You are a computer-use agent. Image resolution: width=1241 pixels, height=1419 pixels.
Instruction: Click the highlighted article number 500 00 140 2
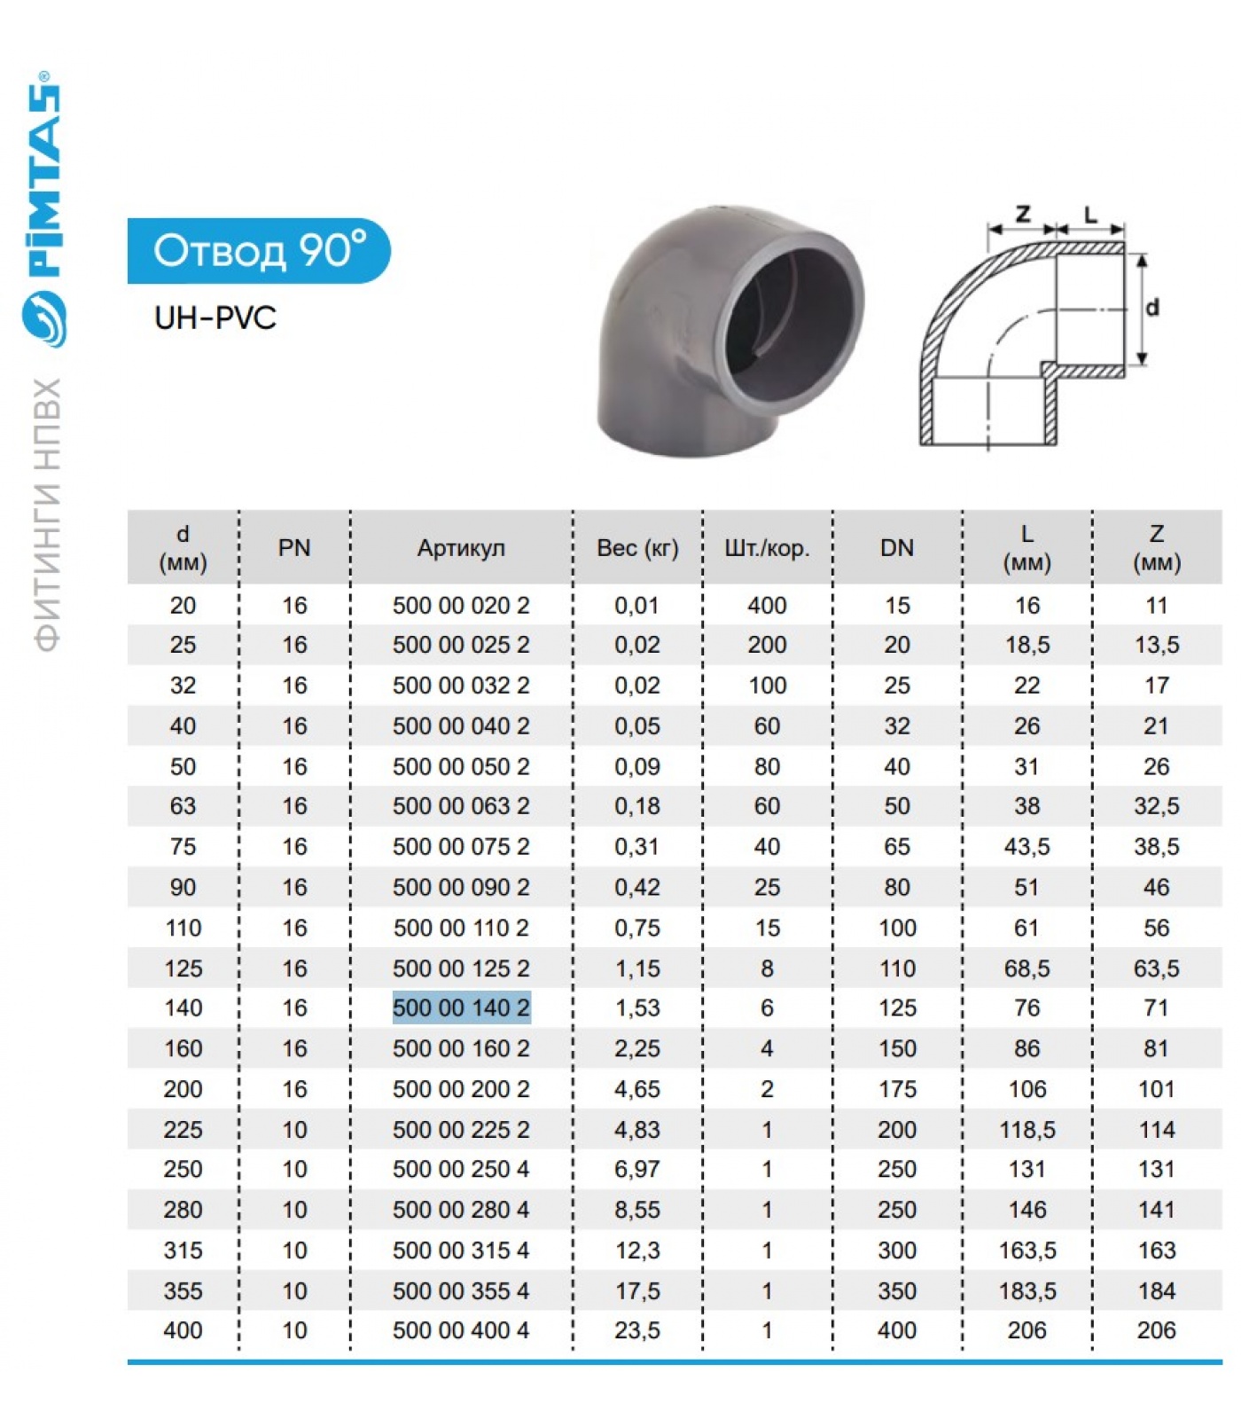tap(462, 1007)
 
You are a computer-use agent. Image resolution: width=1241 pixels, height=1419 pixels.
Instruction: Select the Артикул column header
tap(461, 548)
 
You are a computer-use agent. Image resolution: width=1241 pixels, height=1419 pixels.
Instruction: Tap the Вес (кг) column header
tap(637, 548)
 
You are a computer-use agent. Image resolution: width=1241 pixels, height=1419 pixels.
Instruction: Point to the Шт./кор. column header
tap(767, 548)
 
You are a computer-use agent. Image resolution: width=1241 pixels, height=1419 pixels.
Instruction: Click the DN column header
tap(897, 548)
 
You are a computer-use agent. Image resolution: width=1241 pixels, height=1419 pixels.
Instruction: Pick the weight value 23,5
tap(637, 1330)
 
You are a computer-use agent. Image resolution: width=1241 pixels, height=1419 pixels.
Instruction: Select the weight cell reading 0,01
tap(637, 606)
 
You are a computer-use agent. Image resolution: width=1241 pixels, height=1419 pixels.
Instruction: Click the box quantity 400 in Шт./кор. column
tap(767, 606)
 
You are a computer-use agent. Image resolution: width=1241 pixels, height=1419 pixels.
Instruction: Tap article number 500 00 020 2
tap(461, 606)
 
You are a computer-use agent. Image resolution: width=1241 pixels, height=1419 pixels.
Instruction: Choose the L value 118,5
tap(1027, 1130)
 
